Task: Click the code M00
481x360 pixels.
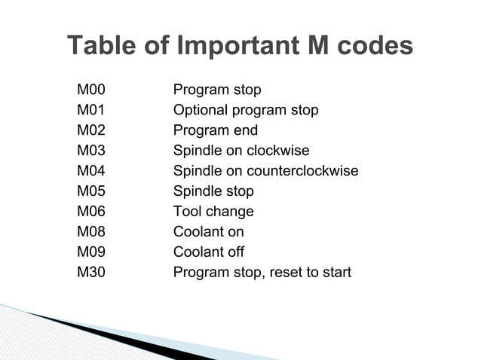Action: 91,90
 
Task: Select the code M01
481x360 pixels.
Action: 91,111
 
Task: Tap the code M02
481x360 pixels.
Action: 91,131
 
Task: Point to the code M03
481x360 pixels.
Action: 91,151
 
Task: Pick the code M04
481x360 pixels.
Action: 91,171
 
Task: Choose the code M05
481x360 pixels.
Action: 91,191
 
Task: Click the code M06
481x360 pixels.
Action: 91,212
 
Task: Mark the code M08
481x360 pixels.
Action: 91,232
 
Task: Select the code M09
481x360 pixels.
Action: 91,252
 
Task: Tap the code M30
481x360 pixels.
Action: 91,272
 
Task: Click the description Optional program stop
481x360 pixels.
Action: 246,111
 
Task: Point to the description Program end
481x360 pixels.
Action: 216,131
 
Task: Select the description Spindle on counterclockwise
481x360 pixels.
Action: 265,171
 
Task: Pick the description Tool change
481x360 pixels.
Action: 213,212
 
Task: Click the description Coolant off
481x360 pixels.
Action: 209,252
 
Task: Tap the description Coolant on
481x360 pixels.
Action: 209,232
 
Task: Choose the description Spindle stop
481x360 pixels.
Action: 213,191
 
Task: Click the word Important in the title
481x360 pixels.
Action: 237,47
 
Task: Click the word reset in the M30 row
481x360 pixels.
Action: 285,272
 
